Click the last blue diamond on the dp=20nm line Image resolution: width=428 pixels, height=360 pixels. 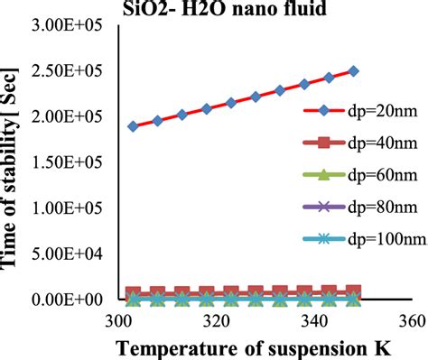(x=353, y=70)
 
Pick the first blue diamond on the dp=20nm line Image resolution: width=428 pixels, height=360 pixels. (x=134, y=126)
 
